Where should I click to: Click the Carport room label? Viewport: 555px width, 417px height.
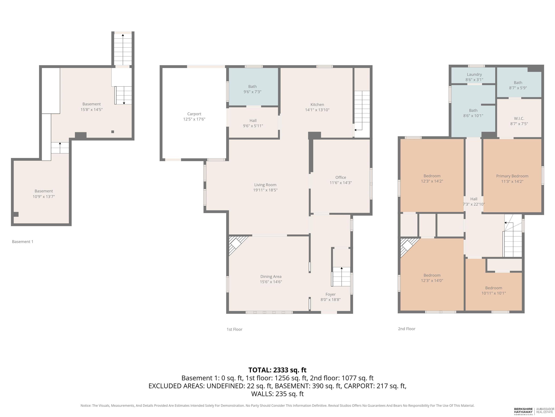click(x=194, y=114)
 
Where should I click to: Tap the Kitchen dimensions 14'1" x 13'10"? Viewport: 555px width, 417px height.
click(x=317, y=110)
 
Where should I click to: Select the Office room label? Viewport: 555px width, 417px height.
click(x=341, y=177)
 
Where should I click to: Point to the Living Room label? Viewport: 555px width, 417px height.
click(x=265, y=185)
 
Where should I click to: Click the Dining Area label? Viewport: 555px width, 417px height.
click(x=271, y=277)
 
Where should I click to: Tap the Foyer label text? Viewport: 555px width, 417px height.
click(x=330, y=294)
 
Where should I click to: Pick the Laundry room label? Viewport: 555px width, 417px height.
click(x=474, y=74)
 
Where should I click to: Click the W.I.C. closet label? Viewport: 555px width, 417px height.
click(x=519, y=118)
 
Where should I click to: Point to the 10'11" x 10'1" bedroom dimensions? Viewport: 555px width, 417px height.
click(x=494, y=293)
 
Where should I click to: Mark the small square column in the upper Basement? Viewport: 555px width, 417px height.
click(x=113, y=132)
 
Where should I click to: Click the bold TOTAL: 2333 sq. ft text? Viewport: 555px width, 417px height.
click(x=277, y=370)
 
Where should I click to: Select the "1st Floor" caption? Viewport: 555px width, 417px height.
click(x=234, y=329)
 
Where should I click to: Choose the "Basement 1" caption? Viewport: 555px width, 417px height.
click(x=23, y=242)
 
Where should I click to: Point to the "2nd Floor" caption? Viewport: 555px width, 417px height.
click(x=406, y=329)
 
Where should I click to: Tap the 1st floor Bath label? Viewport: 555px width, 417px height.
click(x=252, y=87)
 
